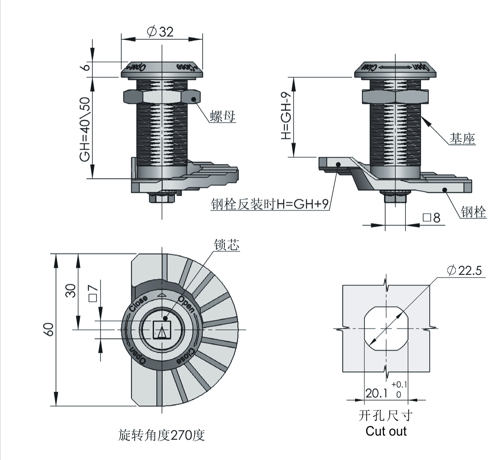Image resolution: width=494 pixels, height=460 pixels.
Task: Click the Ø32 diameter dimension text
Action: [160, 32]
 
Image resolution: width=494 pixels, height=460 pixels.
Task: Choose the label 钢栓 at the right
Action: [473, 212]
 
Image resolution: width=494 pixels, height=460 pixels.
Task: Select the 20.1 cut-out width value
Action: [376, 393]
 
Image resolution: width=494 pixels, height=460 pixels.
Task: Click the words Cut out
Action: [386, 431]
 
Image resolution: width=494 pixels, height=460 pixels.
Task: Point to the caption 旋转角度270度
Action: [161, 435]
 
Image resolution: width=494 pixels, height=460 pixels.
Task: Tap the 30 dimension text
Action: [71, 291]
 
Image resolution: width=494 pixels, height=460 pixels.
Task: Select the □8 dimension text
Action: [431, 217]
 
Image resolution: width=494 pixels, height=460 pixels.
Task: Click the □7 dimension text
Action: [93, 293]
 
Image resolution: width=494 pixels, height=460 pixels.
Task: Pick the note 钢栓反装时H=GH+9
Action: [270, 204]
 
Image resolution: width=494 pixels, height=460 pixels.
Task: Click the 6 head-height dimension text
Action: [86, 67]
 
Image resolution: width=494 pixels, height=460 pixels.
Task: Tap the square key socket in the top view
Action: [162, 330]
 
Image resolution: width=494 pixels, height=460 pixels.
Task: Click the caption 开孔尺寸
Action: [386, 415]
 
